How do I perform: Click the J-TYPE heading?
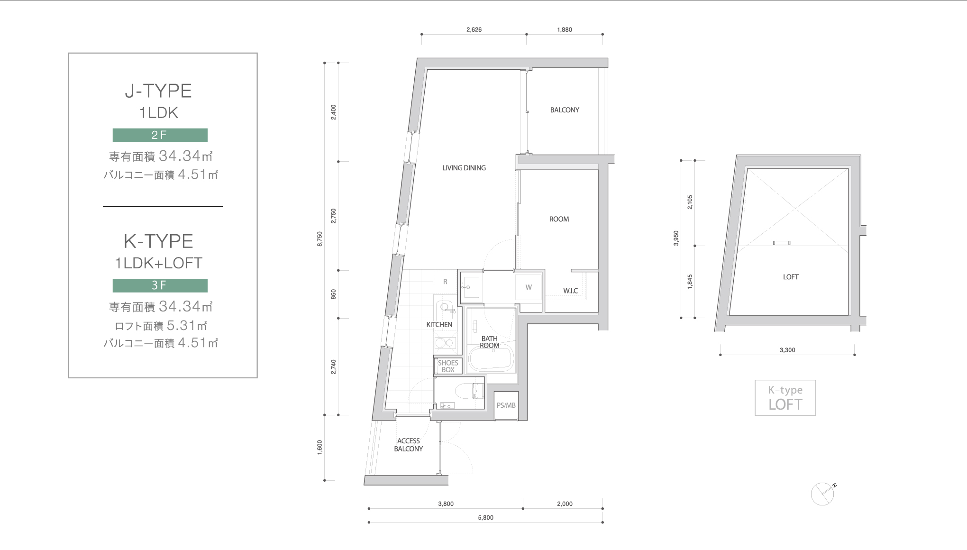158,91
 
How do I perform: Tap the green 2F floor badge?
160,135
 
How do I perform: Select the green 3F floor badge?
160,285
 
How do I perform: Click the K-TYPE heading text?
158,241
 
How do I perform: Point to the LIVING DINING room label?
464,168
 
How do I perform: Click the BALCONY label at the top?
565,110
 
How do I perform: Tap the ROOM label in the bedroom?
559,219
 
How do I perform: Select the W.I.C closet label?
571,291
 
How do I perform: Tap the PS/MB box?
506,405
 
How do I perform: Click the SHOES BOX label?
448,366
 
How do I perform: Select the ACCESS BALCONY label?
408,445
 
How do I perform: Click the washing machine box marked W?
529,287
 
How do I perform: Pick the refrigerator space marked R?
445,282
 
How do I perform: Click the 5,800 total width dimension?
486,518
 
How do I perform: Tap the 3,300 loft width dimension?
787,350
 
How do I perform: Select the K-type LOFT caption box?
785,398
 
